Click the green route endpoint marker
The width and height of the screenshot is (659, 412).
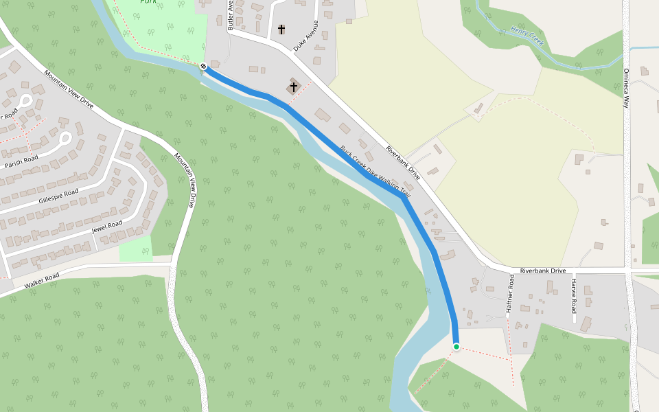456,347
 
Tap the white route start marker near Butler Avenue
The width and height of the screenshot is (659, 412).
204,67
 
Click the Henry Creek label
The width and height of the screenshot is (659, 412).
527,36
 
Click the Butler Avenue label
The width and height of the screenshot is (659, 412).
231,15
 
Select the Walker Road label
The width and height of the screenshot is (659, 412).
42,280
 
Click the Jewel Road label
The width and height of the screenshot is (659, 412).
106,228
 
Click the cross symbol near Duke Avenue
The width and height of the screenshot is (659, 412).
281,30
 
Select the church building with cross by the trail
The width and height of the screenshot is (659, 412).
294,87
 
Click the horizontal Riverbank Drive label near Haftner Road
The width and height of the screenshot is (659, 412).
542,271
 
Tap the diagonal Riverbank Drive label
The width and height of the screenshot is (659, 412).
403,163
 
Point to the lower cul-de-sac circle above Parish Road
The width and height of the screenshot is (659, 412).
65,138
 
